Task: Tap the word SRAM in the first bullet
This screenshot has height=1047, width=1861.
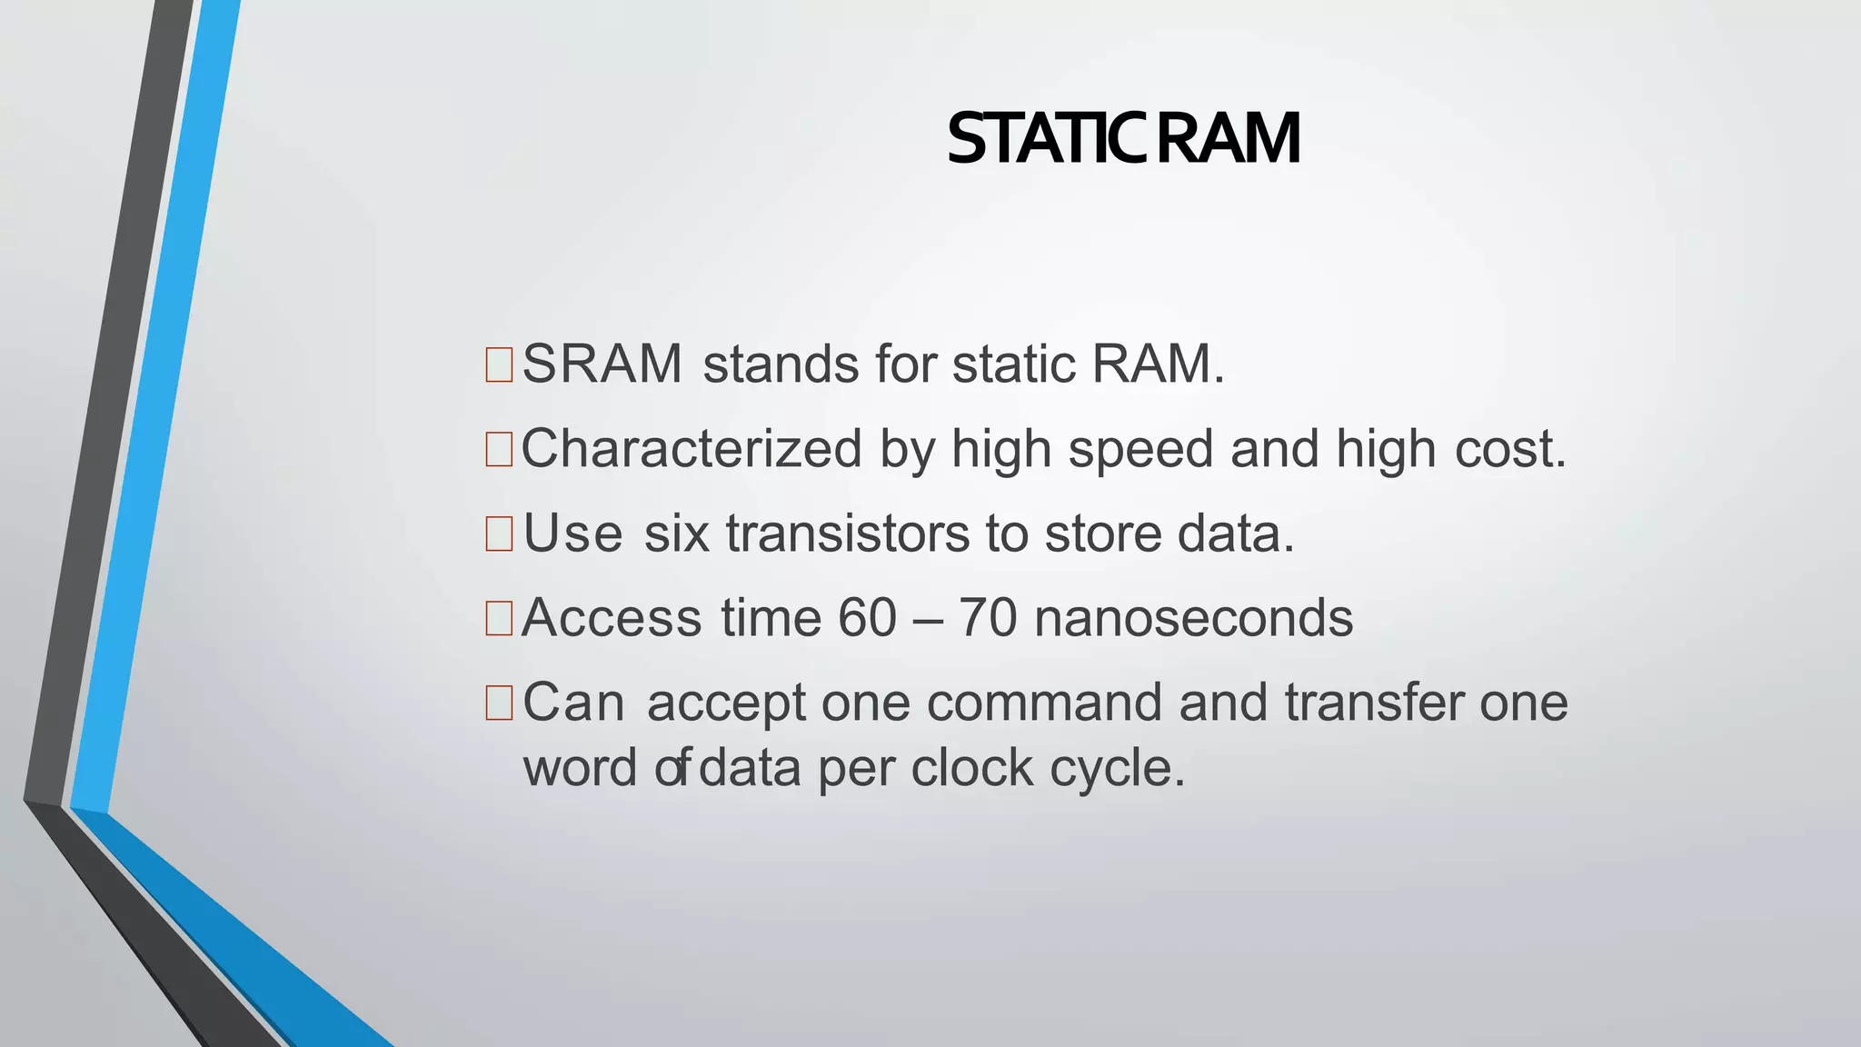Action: tap(602, 364)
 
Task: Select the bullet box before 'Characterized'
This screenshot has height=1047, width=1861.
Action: tap(499, 449)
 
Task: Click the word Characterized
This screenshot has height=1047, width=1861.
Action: tap(692, 449)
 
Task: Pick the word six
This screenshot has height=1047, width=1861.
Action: tap(676, 533)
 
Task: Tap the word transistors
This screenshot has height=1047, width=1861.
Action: tap(848, 533)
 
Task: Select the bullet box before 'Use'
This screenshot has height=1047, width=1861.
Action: tap(499, 533)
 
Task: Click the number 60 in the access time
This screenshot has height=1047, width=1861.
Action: tap(867, 618)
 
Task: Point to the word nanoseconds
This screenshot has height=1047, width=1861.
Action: tap(1193, 618)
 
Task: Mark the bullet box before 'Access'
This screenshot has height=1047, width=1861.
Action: tap(499, 618)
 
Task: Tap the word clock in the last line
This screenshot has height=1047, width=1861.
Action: tap(971, 768)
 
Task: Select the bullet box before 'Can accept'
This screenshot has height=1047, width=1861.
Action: tap(499, 703)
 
